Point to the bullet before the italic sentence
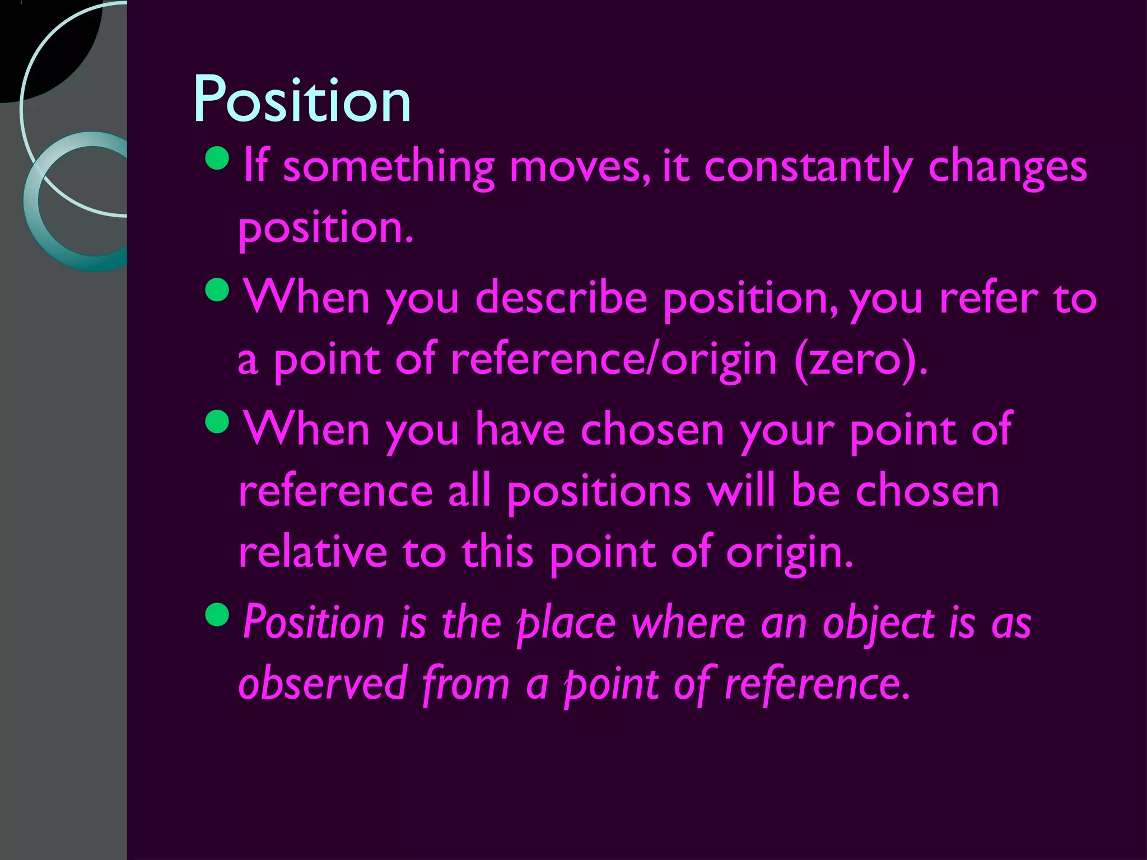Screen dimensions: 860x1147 [217, 615]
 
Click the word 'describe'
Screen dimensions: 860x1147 [561, 298]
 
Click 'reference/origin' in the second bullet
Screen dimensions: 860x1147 [614, 360]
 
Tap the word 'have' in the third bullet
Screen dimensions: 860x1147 [520, 430]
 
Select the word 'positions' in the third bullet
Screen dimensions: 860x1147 [599, 492]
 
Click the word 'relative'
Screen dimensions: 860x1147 [313, 552]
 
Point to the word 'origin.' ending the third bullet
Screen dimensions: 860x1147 [789, 553]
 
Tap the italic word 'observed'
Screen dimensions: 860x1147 [322, 684]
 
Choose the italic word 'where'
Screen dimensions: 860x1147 [689, 623]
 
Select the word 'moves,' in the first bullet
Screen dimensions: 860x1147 [580, 168]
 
